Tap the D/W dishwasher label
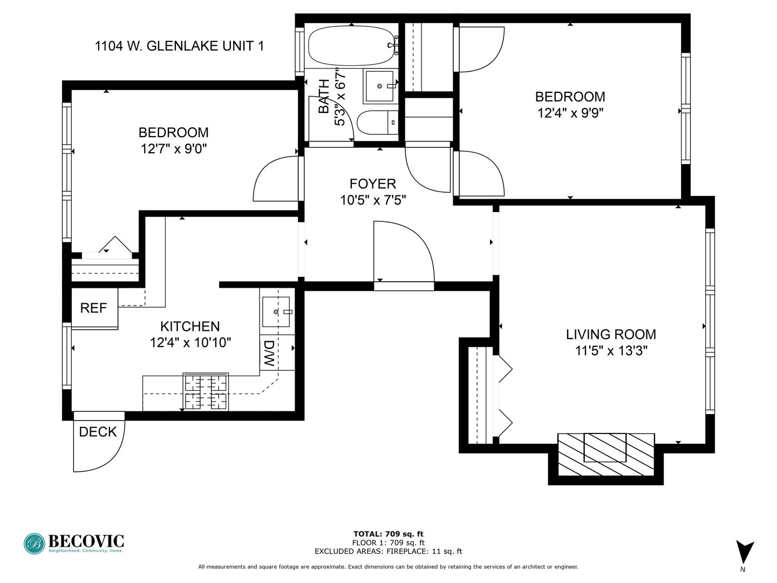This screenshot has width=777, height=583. (x=269, y=353)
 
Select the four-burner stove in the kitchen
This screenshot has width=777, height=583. (x=206, y=391)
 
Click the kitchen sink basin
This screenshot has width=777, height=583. (x=276, y=312)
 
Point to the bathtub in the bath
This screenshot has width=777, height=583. (x=351, y=46)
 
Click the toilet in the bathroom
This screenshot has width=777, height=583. (x=377, y=123)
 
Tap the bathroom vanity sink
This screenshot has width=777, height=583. (x=379, y=86)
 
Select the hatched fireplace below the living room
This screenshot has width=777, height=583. (x=605, y=454)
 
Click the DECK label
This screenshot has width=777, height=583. (x=98, y=432)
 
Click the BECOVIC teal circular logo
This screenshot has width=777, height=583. (x=35, y=544)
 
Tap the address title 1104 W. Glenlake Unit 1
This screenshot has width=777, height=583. (x=179, y=46)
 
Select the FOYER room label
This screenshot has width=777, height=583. (x=373, y=184)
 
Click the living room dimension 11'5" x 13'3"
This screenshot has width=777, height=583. (x=611, y=351)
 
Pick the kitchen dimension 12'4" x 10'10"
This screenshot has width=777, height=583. (x=190, y=342)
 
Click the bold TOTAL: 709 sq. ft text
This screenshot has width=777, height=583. (x=388, y=534)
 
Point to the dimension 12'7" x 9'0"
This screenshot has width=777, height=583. (x=173, y=148)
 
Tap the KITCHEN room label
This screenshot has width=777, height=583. (x=190, y=326)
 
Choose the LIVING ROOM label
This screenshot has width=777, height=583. (x=611, y=334)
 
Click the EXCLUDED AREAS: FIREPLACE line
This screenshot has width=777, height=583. (x=388, y=551)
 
